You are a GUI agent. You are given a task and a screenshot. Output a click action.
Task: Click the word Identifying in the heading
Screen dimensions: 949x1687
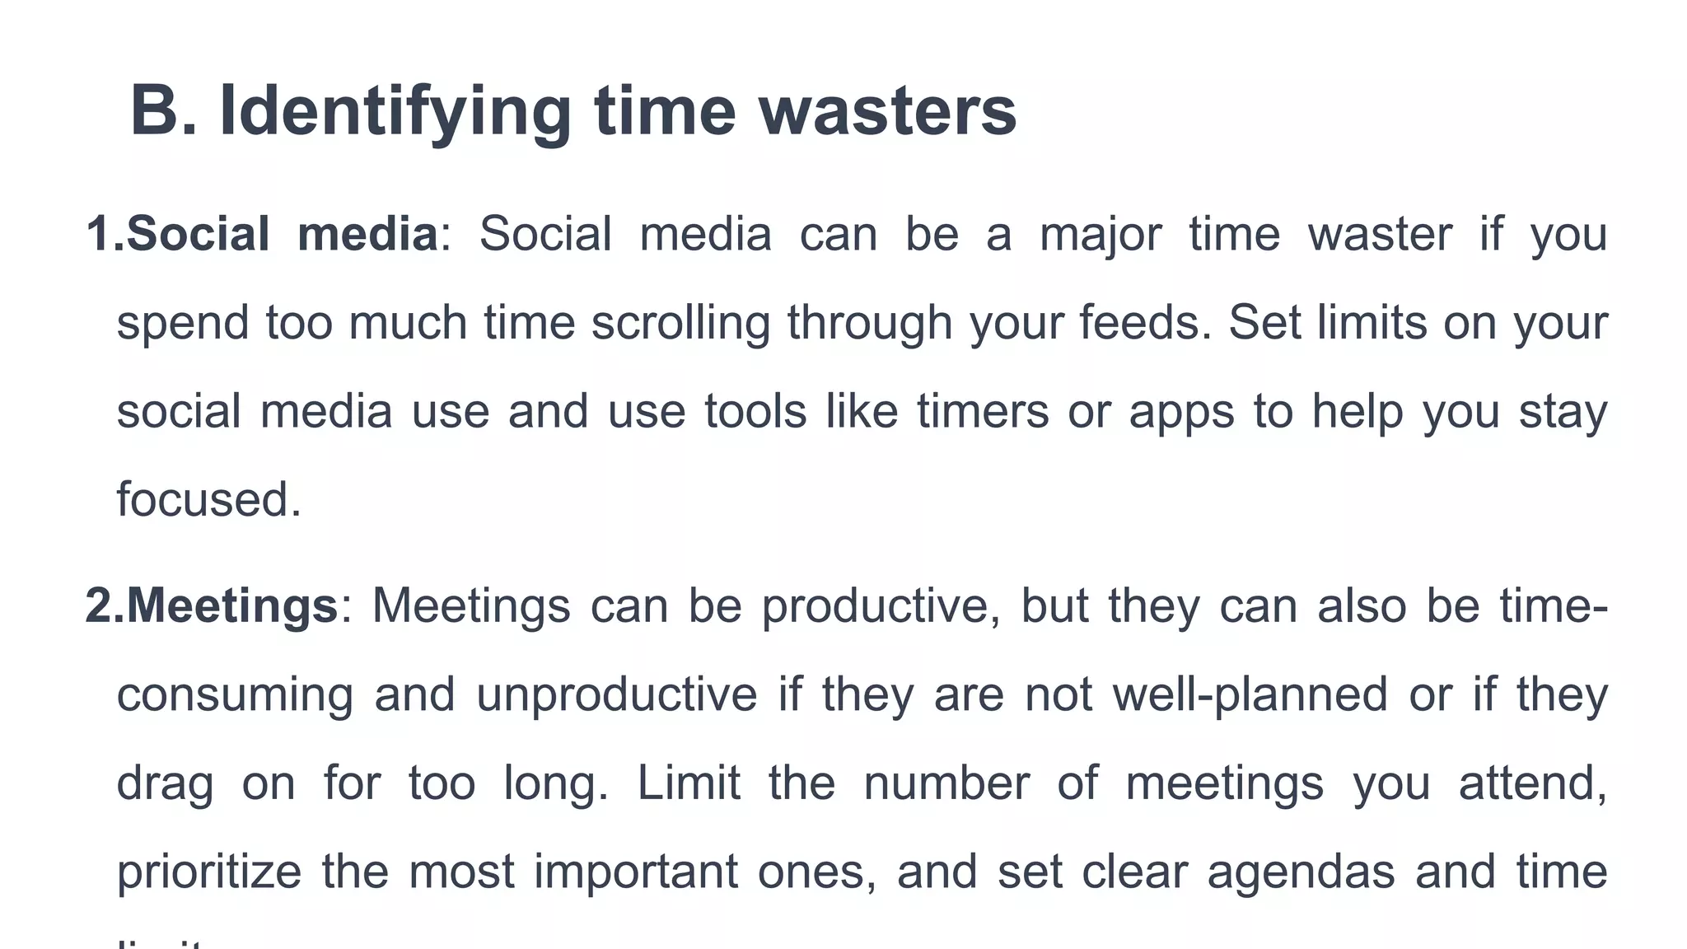(x=395, y=113)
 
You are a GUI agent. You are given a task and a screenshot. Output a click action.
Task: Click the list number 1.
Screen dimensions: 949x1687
(x=103, y=234)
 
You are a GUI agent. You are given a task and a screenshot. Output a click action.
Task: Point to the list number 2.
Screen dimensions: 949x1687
(x=103, y=605)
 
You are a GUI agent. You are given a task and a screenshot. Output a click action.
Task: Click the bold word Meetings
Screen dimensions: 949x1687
(x=231, y=607)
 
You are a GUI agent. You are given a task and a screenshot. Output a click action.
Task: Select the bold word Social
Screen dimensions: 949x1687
(x=198, y=234)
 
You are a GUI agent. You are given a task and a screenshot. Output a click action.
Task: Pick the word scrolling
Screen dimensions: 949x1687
(x=680, y=324)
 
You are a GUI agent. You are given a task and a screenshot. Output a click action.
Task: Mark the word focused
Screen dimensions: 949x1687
(x=208, y=499)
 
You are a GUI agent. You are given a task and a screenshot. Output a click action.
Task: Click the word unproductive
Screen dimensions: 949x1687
(x=616, y=695)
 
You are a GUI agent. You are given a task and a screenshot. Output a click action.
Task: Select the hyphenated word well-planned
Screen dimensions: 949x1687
(x=1250, y=695)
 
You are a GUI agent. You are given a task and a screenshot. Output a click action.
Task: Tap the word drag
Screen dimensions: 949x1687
(x=165, y=784)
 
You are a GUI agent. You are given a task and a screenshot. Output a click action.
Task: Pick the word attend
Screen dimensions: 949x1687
(x=1532, y=783)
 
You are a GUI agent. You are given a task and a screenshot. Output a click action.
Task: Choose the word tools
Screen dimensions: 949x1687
(x=755, y=411)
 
